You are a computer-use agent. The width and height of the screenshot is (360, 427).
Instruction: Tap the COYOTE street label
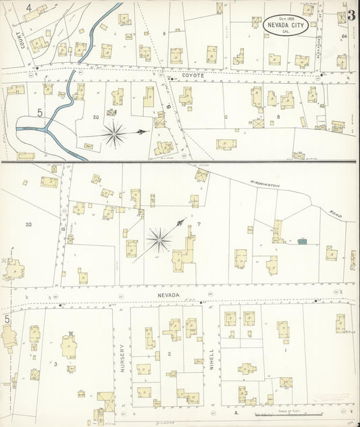192,76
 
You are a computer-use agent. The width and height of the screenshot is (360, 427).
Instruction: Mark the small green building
301,240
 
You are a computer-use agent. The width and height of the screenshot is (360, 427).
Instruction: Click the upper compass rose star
115,134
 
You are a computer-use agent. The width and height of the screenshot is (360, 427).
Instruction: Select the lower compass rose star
159,238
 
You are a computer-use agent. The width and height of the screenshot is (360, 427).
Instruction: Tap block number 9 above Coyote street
164,33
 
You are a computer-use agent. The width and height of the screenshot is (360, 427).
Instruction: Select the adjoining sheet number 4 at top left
28,8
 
